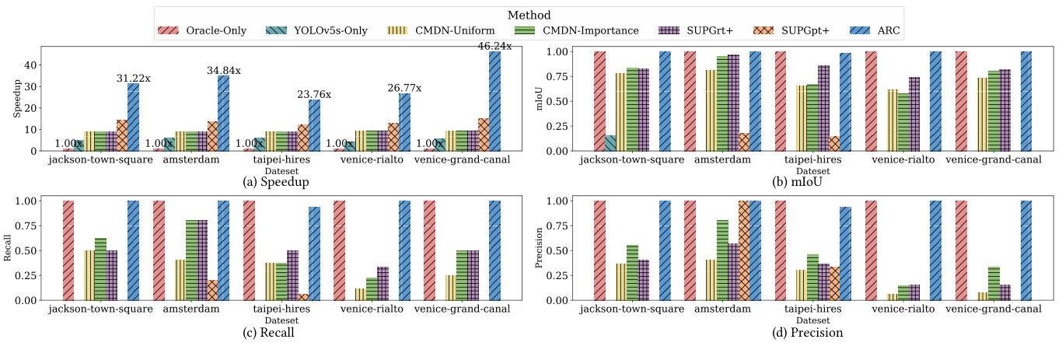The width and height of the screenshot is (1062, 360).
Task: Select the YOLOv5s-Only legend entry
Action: tap(318, 31)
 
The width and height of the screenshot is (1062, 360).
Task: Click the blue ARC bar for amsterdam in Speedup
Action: tap(224, 113)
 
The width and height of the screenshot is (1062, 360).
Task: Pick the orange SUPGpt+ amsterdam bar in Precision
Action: tap(744, 250)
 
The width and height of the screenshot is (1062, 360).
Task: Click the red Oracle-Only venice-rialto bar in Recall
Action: tap(340, 250)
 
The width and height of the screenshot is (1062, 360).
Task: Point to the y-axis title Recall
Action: tap(9, 250)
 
